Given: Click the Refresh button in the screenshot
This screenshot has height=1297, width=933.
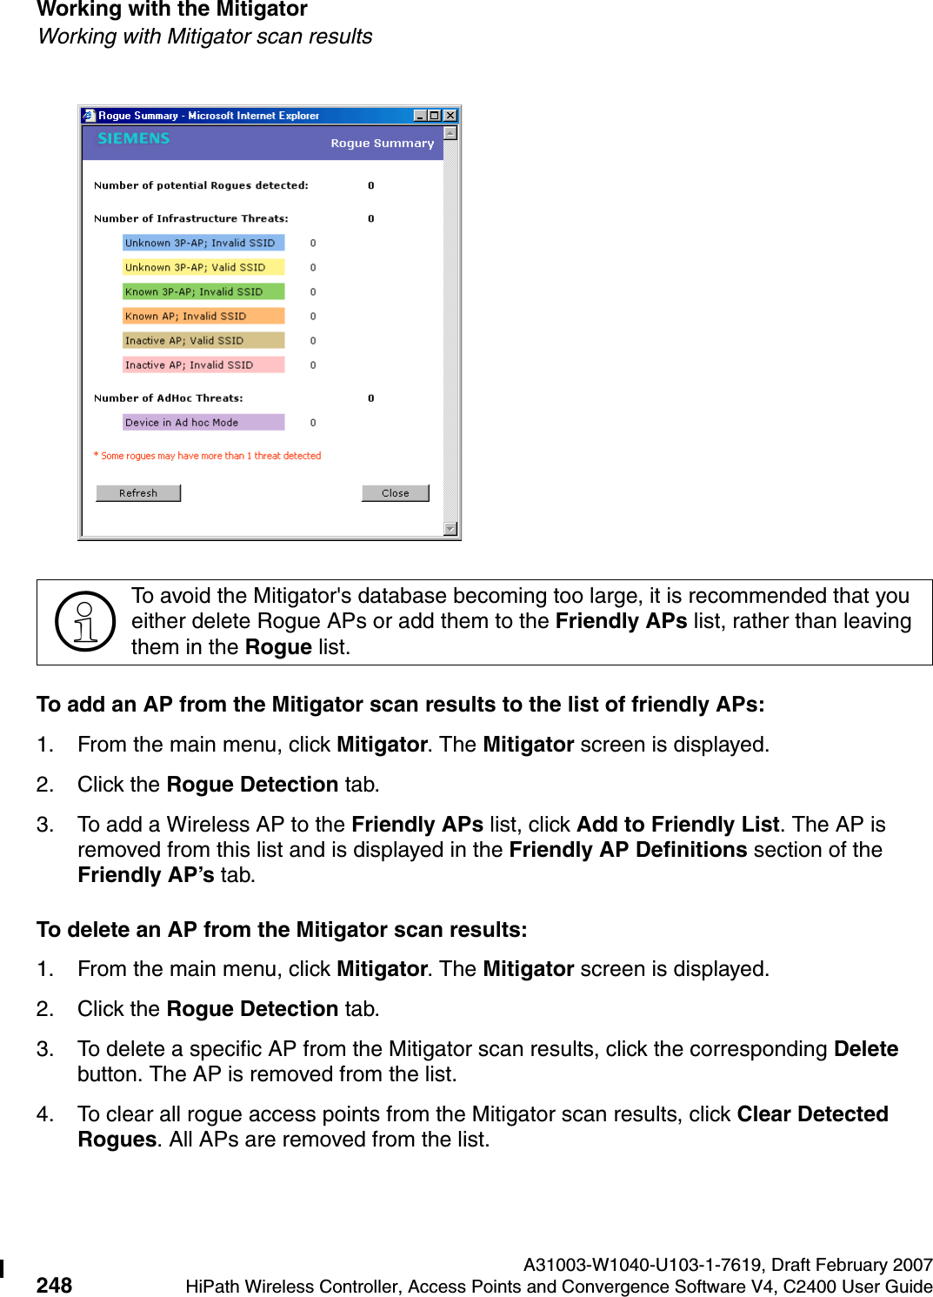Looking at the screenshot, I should pyautogui.click(x=138, y=493).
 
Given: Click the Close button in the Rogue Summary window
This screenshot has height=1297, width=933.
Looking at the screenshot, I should pyautogui.click(x=396, y=493).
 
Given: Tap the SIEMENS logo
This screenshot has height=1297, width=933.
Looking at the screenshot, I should pyautogui.click(x=134, y=138).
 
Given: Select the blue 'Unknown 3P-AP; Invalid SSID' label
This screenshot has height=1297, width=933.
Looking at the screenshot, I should pyautogui.click(x=203, y=244).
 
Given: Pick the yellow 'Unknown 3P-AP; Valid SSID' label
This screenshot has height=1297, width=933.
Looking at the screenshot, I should pyautogui.click(x=203, y=268).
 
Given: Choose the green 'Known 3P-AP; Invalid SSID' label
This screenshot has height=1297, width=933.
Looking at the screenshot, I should pyautogui.click(x=203, y=292).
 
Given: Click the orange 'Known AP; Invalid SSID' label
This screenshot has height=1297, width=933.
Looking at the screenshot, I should pyautogui.click(x=203, y=317).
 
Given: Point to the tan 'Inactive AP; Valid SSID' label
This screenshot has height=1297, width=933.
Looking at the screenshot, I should pyautogui.click(x=203, y=341).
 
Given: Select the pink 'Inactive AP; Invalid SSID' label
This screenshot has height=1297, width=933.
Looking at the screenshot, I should pyautogui.click(x=203, y=365).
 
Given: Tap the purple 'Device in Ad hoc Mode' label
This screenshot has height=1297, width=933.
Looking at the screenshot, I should pyautogui.click(x=203, y=423).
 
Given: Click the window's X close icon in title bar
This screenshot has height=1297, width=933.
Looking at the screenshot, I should pyautogui.click(x=450, y=116).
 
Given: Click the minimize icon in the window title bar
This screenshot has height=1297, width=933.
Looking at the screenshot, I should pyautogui.click(x=421, y=116).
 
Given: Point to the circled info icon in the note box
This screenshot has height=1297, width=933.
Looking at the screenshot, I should pyautogui.click(x=85, y=622).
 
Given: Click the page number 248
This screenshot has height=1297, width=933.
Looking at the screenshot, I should pyautogui.click(x=54, y=1285).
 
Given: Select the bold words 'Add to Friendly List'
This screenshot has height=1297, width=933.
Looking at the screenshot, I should pyautogui.click(x=677, y=825).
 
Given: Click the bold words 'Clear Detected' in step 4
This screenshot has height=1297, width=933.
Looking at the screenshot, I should pyautogui.click(x=812, y=1114).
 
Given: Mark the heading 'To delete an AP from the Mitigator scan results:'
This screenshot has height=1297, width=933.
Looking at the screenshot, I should pyautogui.click(x=282, y=930).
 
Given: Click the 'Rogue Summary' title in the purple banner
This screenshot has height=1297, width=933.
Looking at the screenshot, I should pyautogui.click(x=382, y=144).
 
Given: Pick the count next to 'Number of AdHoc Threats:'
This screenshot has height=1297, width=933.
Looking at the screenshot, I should pyautogui.click(x=371, y=398).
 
